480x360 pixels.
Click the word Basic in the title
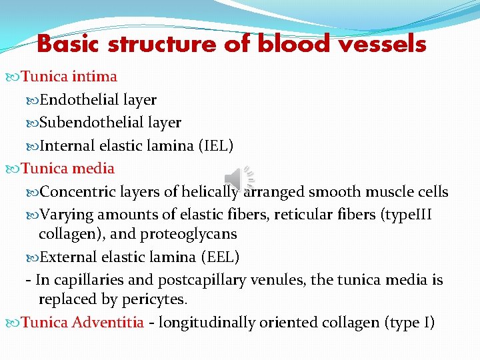click(x=69, y=44)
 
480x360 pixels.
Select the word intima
click(x=95, y=77)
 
